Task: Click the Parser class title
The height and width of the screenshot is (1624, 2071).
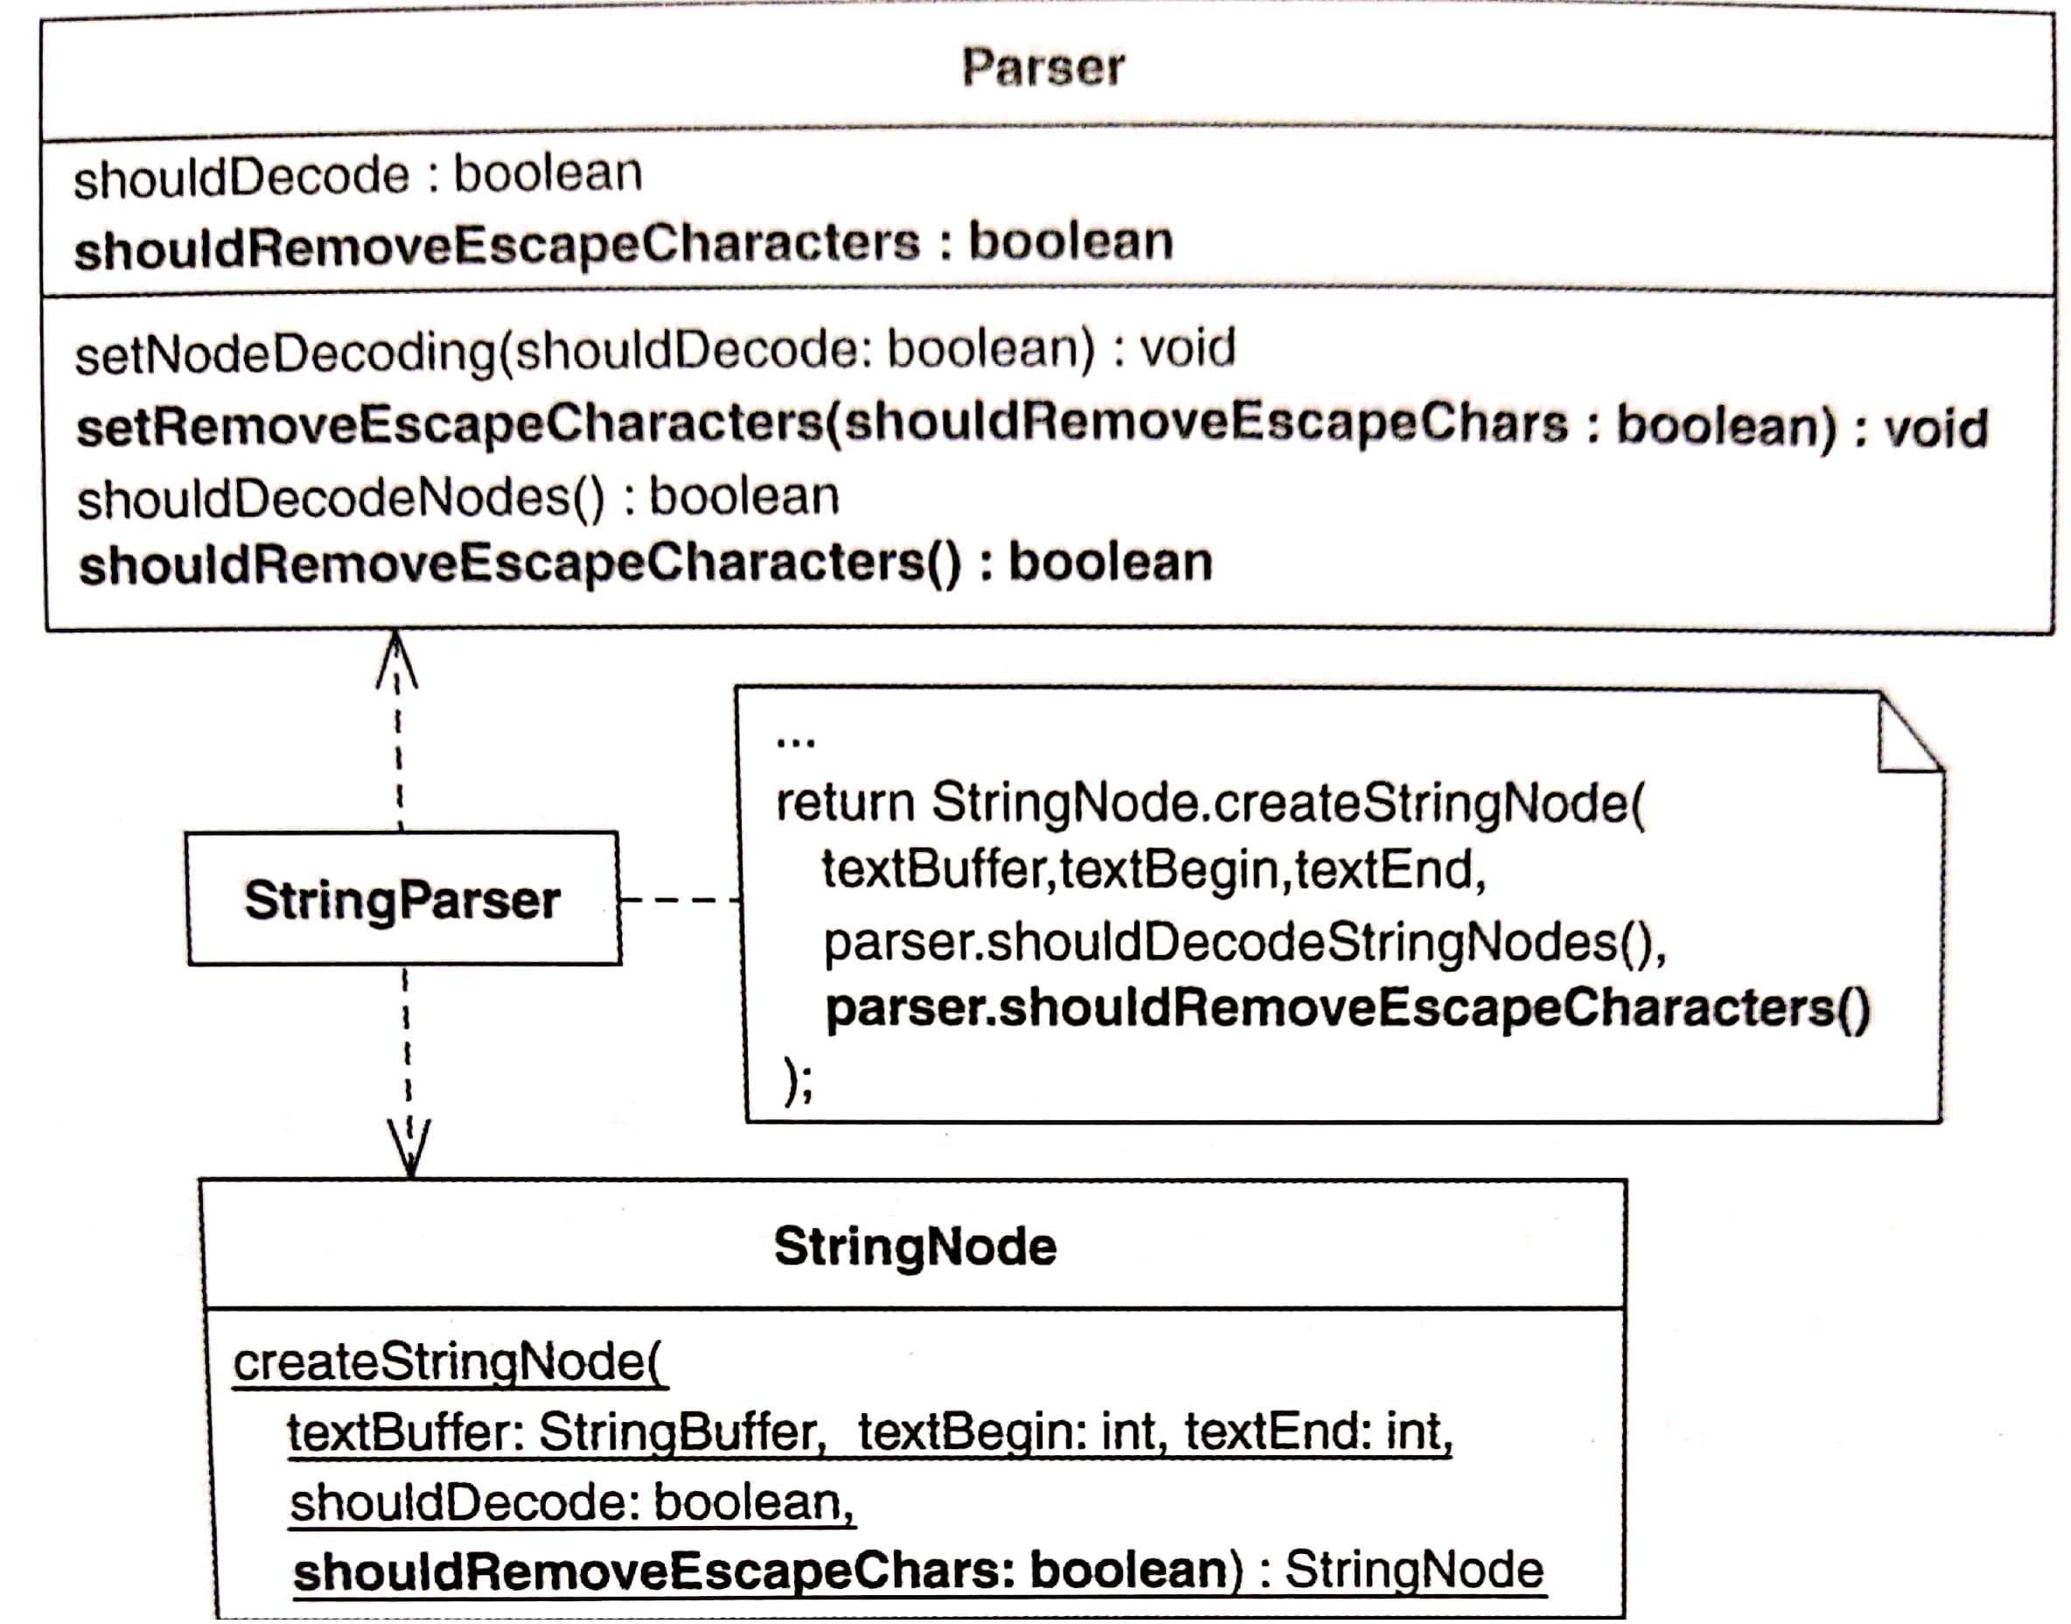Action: [x=1042, y=67]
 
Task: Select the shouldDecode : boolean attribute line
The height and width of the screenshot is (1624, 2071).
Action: [x=359, y=175]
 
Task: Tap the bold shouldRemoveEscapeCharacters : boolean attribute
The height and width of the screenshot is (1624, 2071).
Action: [x=624, y=243]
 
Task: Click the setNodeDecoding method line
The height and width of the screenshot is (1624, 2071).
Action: [x=656, y=350]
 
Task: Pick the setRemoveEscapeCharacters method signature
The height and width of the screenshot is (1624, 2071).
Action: [x=1032, y=425]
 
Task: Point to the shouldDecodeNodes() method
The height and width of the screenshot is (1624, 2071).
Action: [x=458, y=498]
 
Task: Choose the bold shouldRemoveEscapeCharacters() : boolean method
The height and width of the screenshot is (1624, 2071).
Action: [x=645, y=563]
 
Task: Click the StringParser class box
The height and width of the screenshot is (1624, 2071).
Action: [x=403, y=898]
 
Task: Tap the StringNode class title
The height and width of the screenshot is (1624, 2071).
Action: [x=915, y=1245]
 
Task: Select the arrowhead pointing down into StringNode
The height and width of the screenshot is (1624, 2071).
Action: [x=410, y=1148]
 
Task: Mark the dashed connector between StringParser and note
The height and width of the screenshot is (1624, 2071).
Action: [x=680, y=898]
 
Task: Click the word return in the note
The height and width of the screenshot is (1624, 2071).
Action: [x=846, y=804]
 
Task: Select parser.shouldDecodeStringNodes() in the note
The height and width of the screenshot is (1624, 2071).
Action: [x=1245, y=942]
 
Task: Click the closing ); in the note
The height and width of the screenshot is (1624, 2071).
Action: [x=798, y=1080]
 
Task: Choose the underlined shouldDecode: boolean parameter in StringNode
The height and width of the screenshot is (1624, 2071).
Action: [x=573, y=1502]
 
